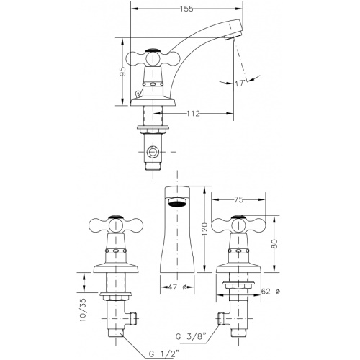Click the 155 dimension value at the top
point(186,9)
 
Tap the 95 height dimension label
point(122,71)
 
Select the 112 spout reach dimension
point(193,113)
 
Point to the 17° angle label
point(240,84)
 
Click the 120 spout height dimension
point(204,230)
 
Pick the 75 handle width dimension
point(238,199)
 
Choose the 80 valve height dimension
point(275,244)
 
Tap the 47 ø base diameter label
point(177,287)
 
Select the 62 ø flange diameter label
point(270,292)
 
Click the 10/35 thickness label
point(83,310)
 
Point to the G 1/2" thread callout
point(164,353)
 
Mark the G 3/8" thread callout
point(191,336)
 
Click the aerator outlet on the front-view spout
point(177,202)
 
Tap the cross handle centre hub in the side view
point(153,59)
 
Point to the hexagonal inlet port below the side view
point(153,152)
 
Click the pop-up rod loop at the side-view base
point(138,94)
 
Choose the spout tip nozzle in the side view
point(233,36)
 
